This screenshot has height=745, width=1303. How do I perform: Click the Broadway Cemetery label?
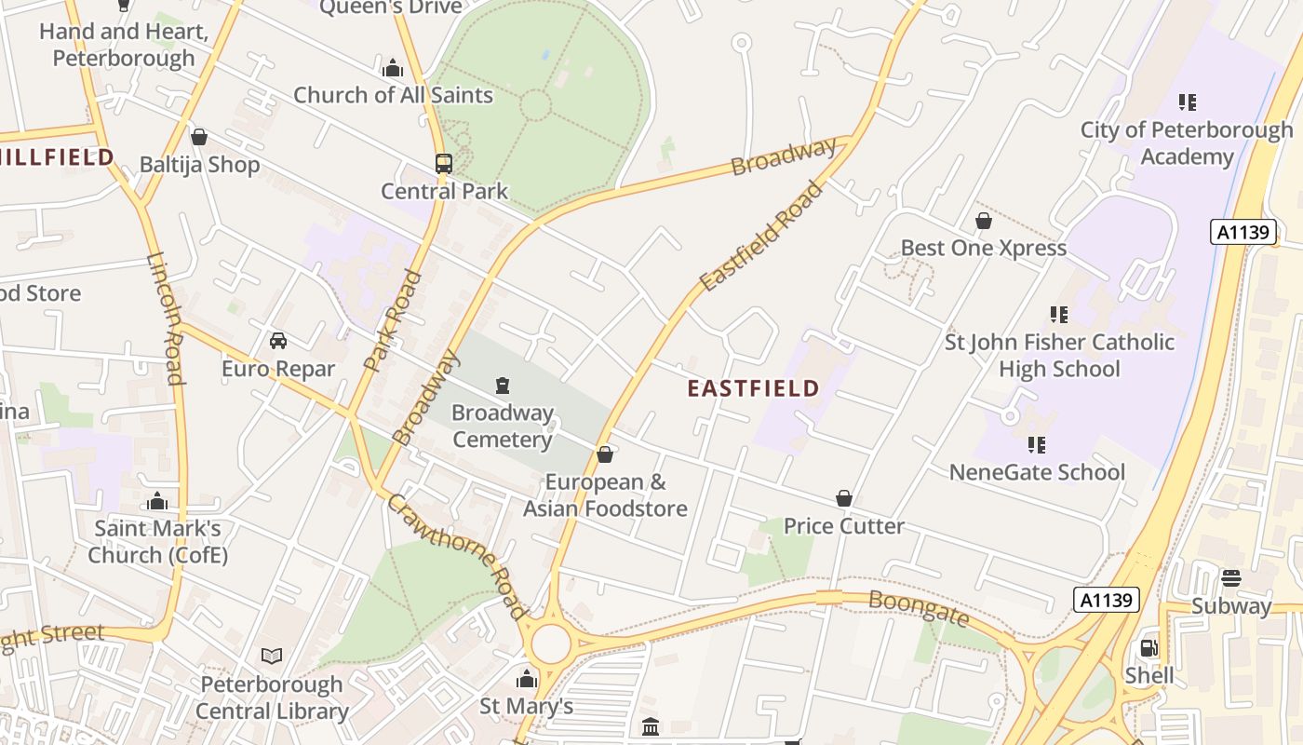click(503, 426)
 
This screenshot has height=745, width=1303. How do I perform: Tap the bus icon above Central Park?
click(444, 164)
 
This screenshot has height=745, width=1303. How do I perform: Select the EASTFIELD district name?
click(753, 388)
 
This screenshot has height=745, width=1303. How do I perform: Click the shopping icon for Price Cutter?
click(844, 499)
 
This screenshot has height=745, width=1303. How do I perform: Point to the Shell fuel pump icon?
click(1149, 648)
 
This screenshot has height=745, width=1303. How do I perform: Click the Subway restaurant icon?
click(1231, 578)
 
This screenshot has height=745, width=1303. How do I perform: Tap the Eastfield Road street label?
click(761, 237)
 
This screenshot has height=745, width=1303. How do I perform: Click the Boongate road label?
click(919, 607)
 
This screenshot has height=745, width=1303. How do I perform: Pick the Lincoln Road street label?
click(165, 318)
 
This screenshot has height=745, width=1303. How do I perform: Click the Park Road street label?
click(394, 320)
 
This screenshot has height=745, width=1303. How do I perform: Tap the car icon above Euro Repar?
click(278, 341)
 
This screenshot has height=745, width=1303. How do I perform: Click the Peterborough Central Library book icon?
click(272, 657)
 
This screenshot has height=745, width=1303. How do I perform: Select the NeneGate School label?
click(1037, 472)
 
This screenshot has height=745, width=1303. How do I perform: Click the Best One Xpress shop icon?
click(984, 221)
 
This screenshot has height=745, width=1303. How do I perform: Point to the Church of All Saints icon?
click(393, 68)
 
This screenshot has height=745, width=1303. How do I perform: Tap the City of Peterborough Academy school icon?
click(1187, 102)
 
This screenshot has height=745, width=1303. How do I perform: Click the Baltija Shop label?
click(199, 165)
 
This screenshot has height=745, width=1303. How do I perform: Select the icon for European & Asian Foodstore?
click(605, 454)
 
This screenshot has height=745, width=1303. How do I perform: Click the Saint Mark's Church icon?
click(157, 502)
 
